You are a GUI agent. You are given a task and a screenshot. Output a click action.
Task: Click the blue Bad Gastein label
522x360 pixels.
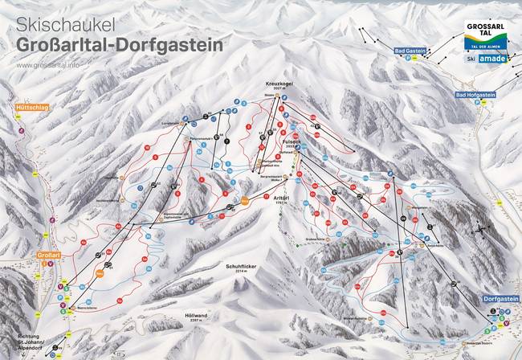coord(410,51)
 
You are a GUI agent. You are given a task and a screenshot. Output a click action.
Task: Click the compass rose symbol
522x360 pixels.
coord(479,228)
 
